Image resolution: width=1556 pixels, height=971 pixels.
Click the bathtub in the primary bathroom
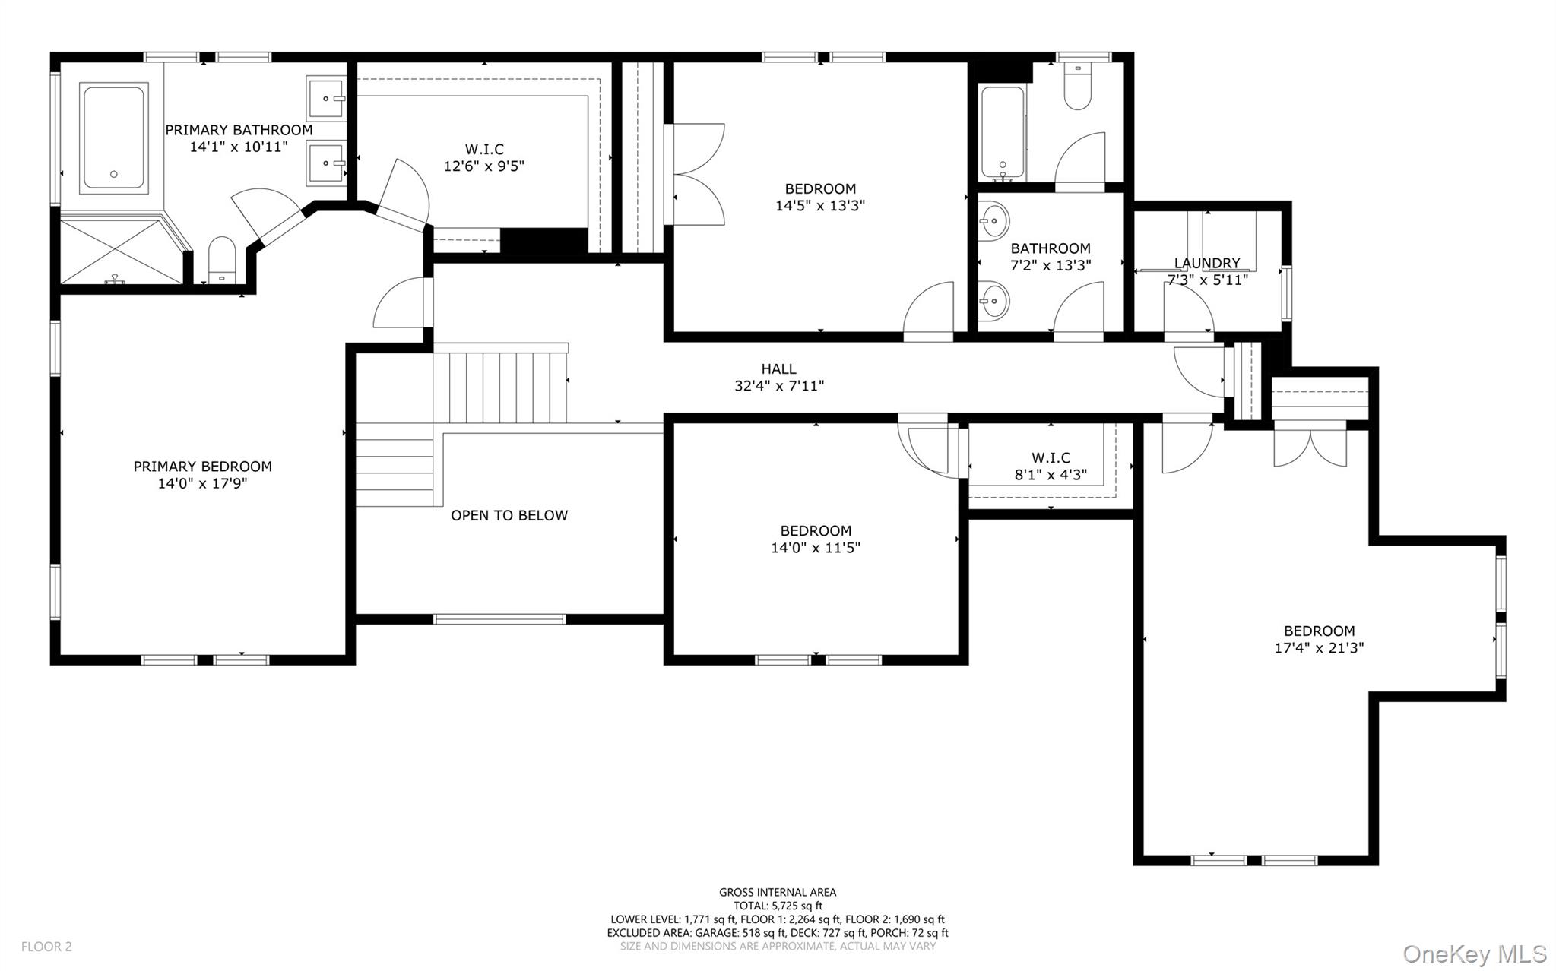(113, 138)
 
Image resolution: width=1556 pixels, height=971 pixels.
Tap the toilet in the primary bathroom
(222, 258)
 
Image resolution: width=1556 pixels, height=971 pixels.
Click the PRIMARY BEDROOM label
(202, 467)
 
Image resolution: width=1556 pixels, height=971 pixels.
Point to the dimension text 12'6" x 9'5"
(484, 166)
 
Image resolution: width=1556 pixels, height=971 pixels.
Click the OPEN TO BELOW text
(509, 515)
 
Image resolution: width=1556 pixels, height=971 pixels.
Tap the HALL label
(778, 368)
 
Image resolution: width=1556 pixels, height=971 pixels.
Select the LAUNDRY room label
(1206, 263)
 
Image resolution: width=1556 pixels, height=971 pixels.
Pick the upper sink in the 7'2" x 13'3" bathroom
(993, 221)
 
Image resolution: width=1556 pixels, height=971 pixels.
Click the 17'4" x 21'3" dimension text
(1319, 648)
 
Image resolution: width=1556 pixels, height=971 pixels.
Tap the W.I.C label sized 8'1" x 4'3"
(1051, 457)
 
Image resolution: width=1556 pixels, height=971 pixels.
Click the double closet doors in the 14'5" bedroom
(696, 174)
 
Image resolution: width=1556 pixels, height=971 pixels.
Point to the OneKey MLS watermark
(1474, 954)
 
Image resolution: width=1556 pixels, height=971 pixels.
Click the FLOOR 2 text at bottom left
(46, 947)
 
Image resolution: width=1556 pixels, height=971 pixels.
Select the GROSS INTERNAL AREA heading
(778, 892)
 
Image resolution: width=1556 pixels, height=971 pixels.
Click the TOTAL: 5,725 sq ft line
(778, 906)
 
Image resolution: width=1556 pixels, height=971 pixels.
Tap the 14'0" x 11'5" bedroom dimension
(816, 548)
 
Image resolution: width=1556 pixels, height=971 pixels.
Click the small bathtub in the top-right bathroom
(1003, 133)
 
